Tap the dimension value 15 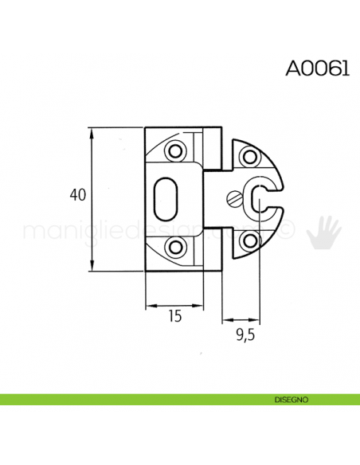click(175, 316)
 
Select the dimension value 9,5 click(244, 335)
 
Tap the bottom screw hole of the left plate click(174, 248)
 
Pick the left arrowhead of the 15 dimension click(149, 305)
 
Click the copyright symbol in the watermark click(289, 231)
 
